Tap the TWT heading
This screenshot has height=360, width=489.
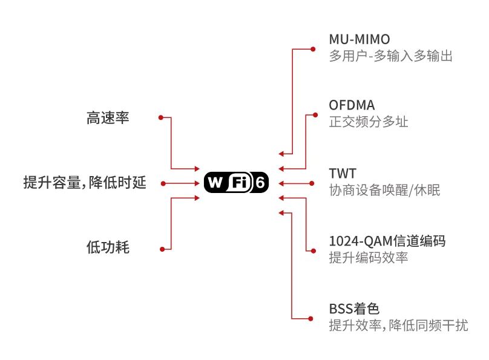[x=343, y=174]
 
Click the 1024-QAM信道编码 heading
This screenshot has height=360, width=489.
[x=387, y=241]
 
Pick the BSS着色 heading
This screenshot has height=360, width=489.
[x=354, y=309]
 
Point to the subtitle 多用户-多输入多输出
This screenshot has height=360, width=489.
[x=390, y=56]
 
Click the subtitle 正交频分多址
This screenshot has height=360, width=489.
[x=368, y=122]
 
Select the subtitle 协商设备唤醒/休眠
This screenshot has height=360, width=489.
[x=384, y=191]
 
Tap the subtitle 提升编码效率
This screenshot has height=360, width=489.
[x=368, y=258]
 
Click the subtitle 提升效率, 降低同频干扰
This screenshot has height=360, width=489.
[x=398, y=326]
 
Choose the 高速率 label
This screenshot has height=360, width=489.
[x=108, y=118]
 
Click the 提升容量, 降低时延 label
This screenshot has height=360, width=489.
[x=85, y=183]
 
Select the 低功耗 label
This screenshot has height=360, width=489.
[x=108, y=247]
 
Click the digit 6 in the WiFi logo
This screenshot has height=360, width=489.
[x=260, y=183]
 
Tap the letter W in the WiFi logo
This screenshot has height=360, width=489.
[x=215, y=183]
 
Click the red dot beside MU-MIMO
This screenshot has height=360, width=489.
[x=313, y=49]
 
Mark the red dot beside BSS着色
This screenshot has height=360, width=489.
[x=313, y=318]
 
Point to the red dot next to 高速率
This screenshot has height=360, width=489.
[x=160, y=117]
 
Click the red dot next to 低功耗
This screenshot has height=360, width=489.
[x=162, y=249]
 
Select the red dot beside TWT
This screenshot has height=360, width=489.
[x=313, y=183]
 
